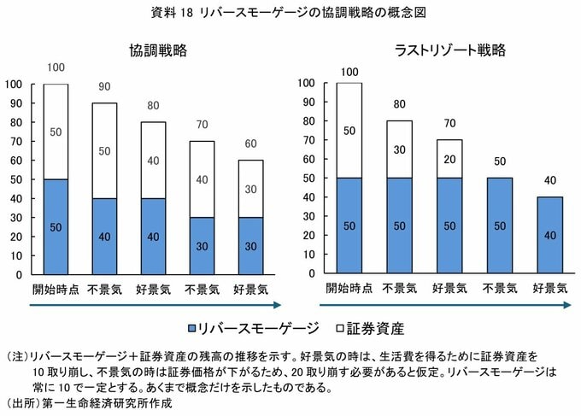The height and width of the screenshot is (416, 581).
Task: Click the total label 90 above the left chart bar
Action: (104, 87)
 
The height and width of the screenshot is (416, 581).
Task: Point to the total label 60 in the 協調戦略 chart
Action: (250, 144)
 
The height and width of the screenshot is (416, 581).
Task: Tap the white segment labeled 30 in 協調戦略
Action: (250, 189)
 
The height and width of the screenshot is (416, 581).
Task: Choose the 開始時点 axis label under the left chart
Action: (56, 290)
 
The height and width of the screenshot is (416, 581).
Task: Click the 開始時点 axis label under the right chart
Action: (349, 290)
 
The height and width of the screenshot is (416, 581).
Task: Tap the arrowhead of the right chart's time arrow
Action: (569, 305)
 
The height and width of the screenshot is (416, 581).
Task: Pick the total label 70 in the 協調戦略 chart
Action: (202, 125)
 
